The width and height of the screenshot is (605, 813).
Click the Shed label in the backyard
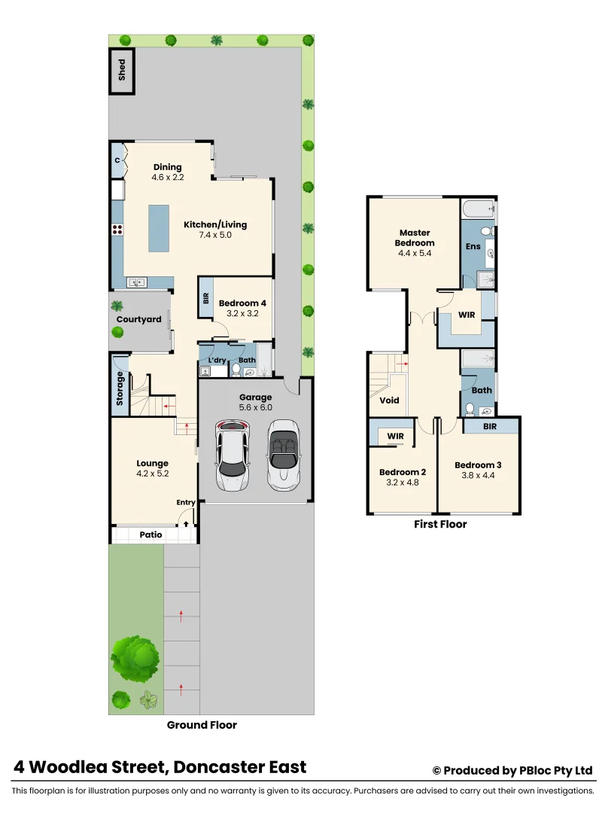tap(122, 72)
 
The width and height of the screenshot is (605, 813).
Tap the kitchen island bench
tap(159, 229)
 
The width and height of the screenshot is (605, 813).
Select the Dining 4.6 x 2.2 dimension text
tap(168, 177)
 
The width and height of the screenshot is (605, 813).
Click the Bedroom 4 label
tap(242, 303)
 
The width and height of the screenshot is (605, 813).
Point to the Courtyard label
tap(138, 319)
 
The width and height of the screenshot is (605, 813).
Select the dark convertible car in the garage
tap(284, 455)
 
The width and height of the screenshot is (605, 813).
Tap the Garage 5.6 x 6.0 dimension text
tap(255, 407)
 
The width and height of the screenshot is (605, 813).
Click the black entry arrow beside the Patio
tap(187, 518)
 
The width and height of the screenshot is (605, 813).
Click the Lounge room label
tap(153, 463)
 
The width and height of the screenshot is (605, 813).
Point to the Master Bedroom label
tap(415, 238)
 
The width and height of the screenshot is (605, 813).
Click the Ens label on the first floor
tap(473, 245)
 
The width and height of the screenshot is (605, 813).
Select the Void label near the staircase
tap(389, 400)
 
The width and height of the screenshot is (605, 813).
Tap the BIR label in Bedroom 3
tap(490, 426)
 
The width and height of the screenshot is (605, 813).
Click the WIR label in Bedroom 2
tap(395, 436)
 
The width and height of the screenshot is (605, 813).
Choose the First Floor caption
tap(440, 524)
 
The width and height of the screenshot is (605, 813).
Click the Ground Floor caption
tap(202, 725)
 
